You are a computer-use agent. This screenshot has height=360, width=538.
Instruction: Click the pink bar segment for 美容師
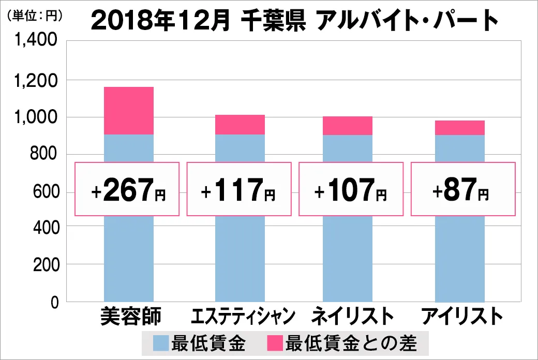[x=129, y=110]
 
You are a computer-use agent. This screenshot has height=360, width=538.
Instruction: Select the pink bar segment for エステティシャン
[x=240, y=124]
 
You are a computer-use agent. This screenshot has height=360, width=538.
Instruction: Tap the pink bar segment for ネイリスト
[x=348, y=126]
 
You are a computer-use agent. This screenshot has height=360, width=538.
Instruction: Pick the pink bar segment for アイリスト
[x=460, y=127]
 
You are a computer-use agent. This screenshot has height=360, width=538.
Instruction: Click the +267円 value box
[x=127, y=189]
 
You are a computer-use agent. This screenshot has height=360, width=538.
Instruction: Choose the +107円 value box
[x=350, y=189]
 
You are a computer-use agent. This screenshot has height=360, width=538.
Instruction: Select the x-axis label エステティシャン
[x=243, y=316]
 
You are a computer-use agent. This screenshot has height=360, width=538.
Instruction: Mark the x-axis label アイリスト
[x=462, y=316]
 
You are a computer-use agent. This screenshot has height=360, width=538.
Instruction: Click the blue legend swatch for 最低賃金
[x=161, y=342]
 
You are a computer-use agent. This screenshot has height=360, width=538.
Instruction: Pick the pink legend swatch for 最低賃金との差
[x=275, y=342]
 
